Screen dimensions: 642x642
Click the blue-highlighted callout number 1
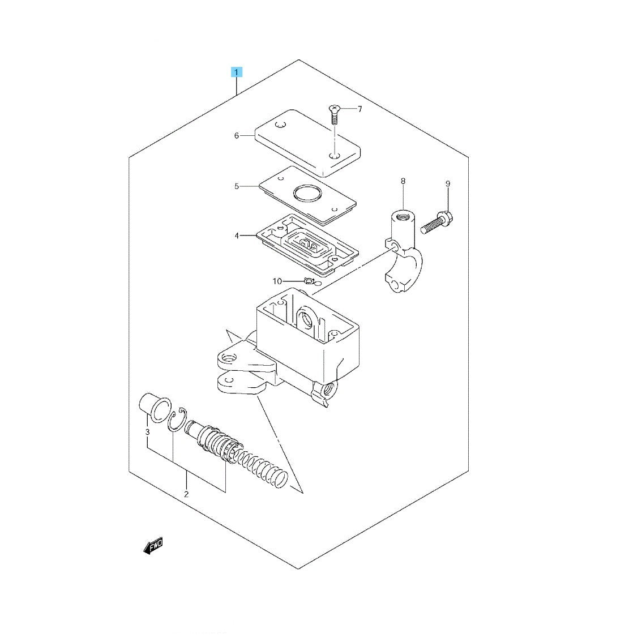click(236, 72)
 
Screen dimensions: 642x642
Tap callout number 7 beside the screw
click(360, 109)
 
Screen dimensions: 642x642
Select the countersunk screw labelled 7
click(333, 115)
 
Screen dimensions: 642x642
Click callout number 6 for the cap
click(236, 135)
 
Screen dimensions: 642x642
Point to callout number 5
click(236, 187)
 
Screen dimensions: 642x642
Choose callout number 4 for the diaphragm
click(236, 236)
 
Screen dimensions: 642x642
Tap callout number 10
click(277, 281)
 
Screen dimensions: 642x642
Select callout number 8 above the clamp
click(403, 181)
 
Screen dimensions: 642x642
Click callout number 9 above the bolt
click(447, 184)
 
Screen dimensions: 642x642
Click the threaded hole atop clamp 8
click(403, 215)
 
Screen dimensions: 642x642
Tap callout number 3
click(147, 432)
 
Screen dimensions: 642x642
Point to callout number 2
click(186, 494)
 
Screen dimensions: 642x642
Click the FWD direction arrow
click(153, 546)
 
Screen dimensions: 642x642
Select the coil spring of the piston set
click(262, 466)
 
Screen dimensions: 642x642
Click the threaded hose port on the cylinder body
click(329, 388)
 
